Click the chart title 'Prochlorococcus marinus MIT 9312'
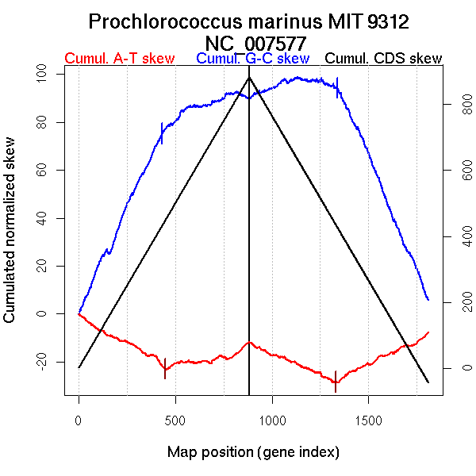click(249, 21)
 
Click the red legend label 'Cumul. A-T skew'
click(119, 59)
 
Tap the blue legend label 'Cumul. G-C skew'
click(252, 59)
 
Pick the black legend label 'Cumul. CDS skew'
click(384, 59)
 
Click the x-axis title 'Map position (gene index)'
click(253, 452)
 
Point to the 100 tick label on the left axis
click(44, 75)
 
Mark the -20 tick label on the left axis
click(44, 362)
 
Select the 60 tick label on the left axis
click(44, 171)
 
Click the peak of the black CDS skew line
click(249, 77)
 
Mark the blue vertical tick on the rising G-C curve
click(162, 133)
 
